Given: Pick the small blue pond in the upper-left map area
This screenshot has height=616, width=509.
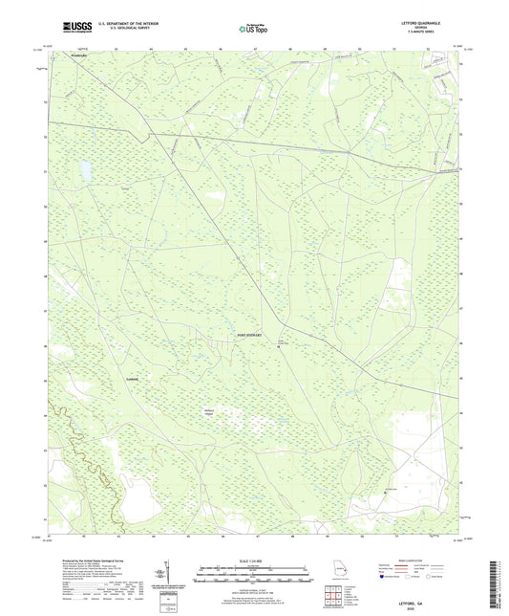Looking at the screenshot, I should click(x=85, y=172).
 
